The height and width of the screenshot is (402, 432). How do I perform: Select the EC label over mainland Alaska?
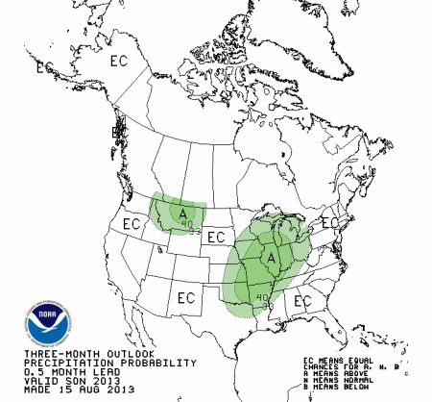click(119, 61)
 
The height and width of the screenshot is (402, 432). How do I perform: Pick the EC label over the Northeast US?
click(329, 223)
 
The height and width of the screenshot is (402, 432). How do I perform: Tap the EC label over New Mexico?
click(188, 296)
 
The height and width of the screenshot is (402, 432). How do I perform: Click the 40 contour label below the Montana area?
click(187, 225)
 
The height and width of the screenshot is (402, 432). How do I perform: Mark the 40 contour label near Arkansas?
click(261, 298)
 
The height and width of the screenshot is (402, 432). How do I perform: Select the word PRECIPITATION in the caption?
click(54, 364)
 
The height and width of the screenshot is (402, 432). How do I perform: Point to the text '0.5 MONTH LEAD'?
click(59, 372)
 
